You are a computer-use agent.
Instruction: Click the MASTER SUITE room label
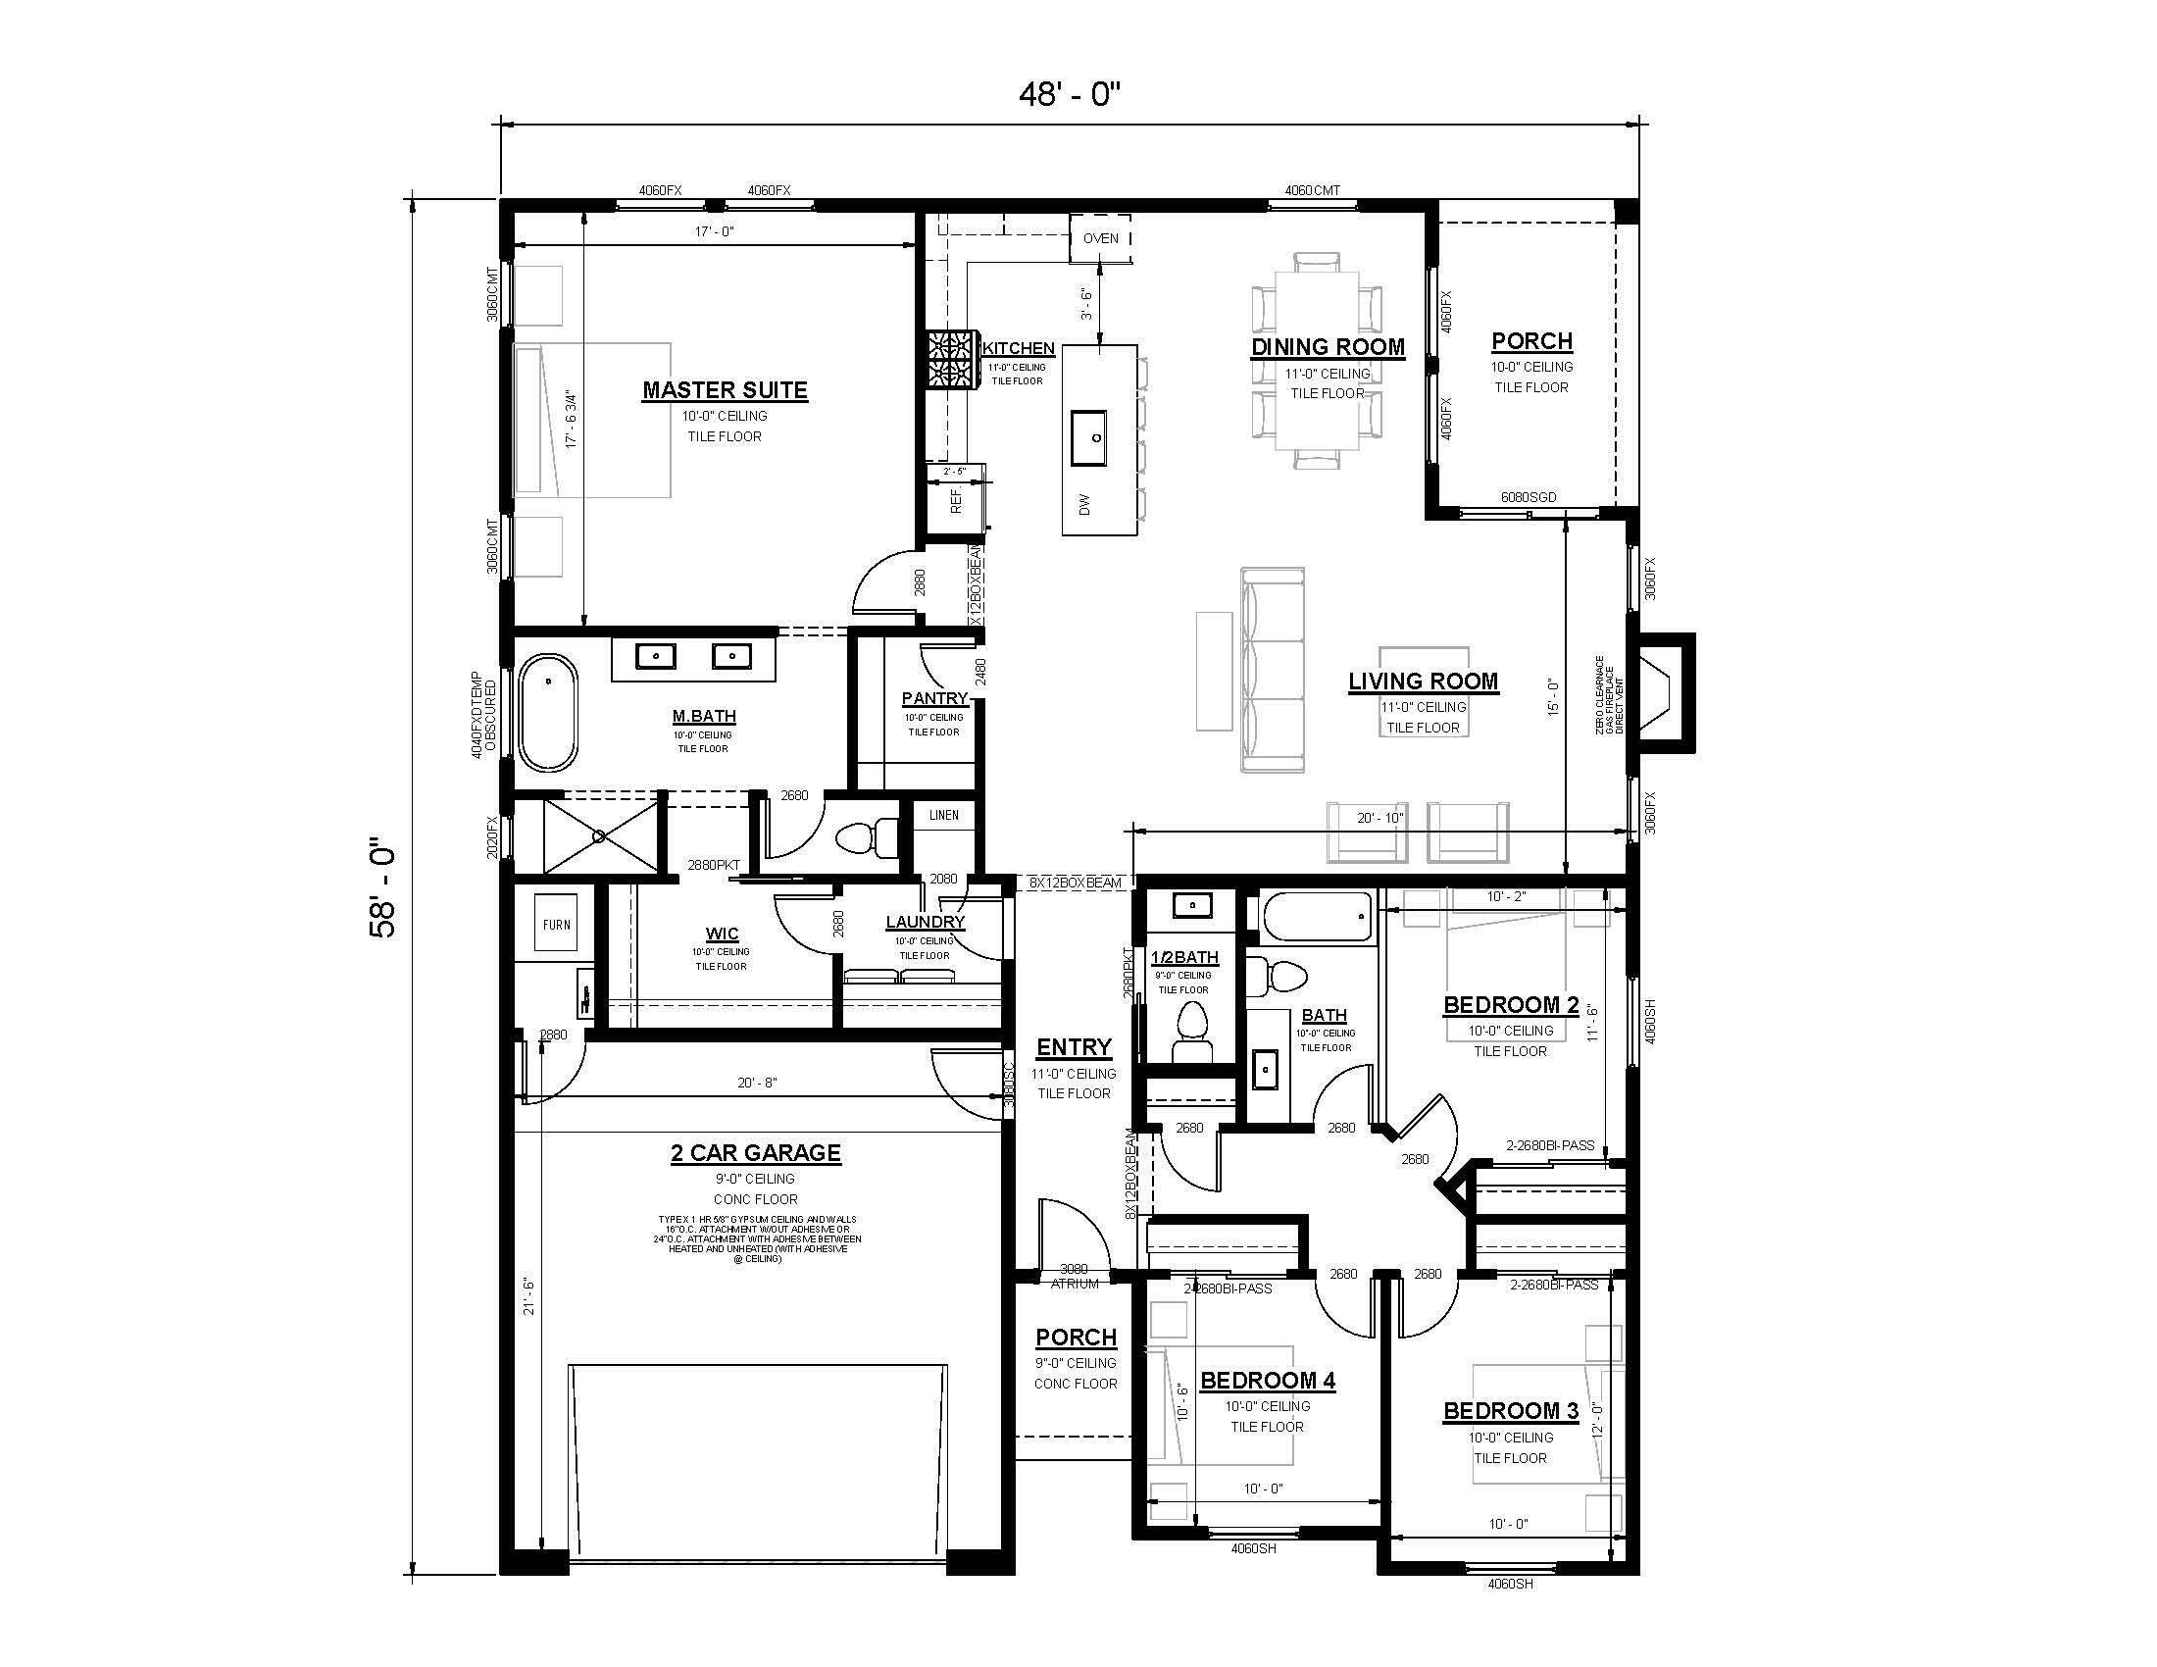[x=725, y=390]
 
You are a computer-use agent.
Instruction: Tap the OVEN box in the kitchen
[x=1100, y=239]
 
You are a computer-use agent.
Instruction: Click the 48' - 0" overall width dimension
[x=1071, y=95]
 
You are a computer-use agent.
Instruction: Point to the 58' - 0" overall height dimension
[x=382, y=887]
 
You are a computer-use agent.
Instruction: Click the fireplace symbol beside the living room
[x=1662, y=692]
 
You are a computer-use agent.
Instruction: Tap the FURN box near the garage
[x=556, y=925]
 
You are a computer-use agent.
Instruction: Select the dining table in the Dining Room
[x=1317, y=361]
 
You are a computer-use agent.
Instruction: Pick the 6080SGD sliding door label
[x=1528, y=497]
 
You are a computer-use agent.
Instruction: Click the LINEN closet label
[x=943, y=815]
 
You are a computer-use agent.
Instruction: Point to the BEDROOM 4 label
[x=1267, y=1380]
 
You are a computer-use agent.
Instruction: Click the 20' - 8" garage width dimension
[x=758, y=1083]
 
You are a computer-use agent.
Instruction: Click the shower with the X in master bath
[x=599, y=835]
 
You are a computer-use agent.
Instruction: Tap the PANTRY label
[x=933, y=698]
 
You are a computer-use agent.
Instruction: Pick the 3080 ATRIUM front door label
[x=1074, y=1276]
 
